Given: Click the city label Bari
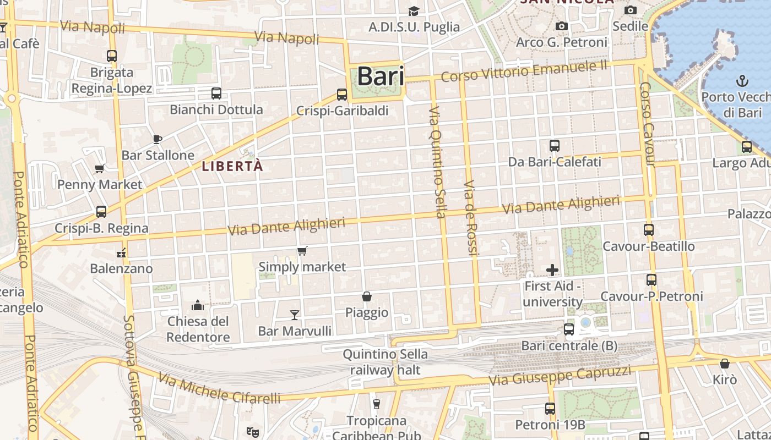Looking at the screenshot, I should [381, 76].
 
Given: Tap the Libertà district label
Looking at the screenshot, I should [232, 166].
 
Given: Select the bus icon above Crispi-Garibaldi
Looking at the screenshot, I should [342, 94].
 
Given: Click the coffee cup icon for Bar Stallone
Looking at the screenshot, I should [158, 139].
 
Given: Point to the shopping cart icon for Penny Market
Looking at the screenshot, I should [100, 168].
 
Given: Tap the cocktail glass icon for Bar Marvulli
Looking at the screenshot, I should [295, 315].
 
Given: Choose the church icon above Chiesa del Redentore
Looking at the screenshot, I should [198, 305].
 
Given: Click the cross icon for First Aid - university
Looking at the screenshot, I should [552, 270].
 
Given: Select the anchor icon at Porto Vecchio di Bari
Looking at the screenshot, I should [742, 81].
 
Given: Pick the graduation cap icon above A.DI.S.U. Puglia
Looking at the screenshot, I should [414, 11].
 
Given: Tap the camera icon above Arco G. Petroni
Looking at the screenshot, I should [561, 26].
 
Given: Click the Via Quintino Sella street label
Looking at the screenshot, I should [437, 162].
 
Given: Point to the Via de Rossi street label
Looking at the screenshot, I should [470, 218].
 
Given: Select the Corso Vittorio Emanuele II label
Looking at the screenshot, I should [524, 71].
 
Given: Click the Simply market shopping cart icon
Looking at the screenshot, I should [302, 251].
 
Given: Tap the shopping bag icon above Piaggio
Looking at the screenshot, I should [367, 296].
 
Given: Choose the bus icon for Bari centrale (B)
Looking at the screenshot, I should [569, 329].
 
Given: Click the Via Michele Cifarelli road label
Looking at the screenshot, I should [219, 388].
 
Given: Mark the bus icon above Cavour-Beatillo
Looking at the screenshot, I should [649, 230].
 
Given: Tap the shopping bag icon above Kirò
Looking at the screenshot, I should [725, 364].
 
